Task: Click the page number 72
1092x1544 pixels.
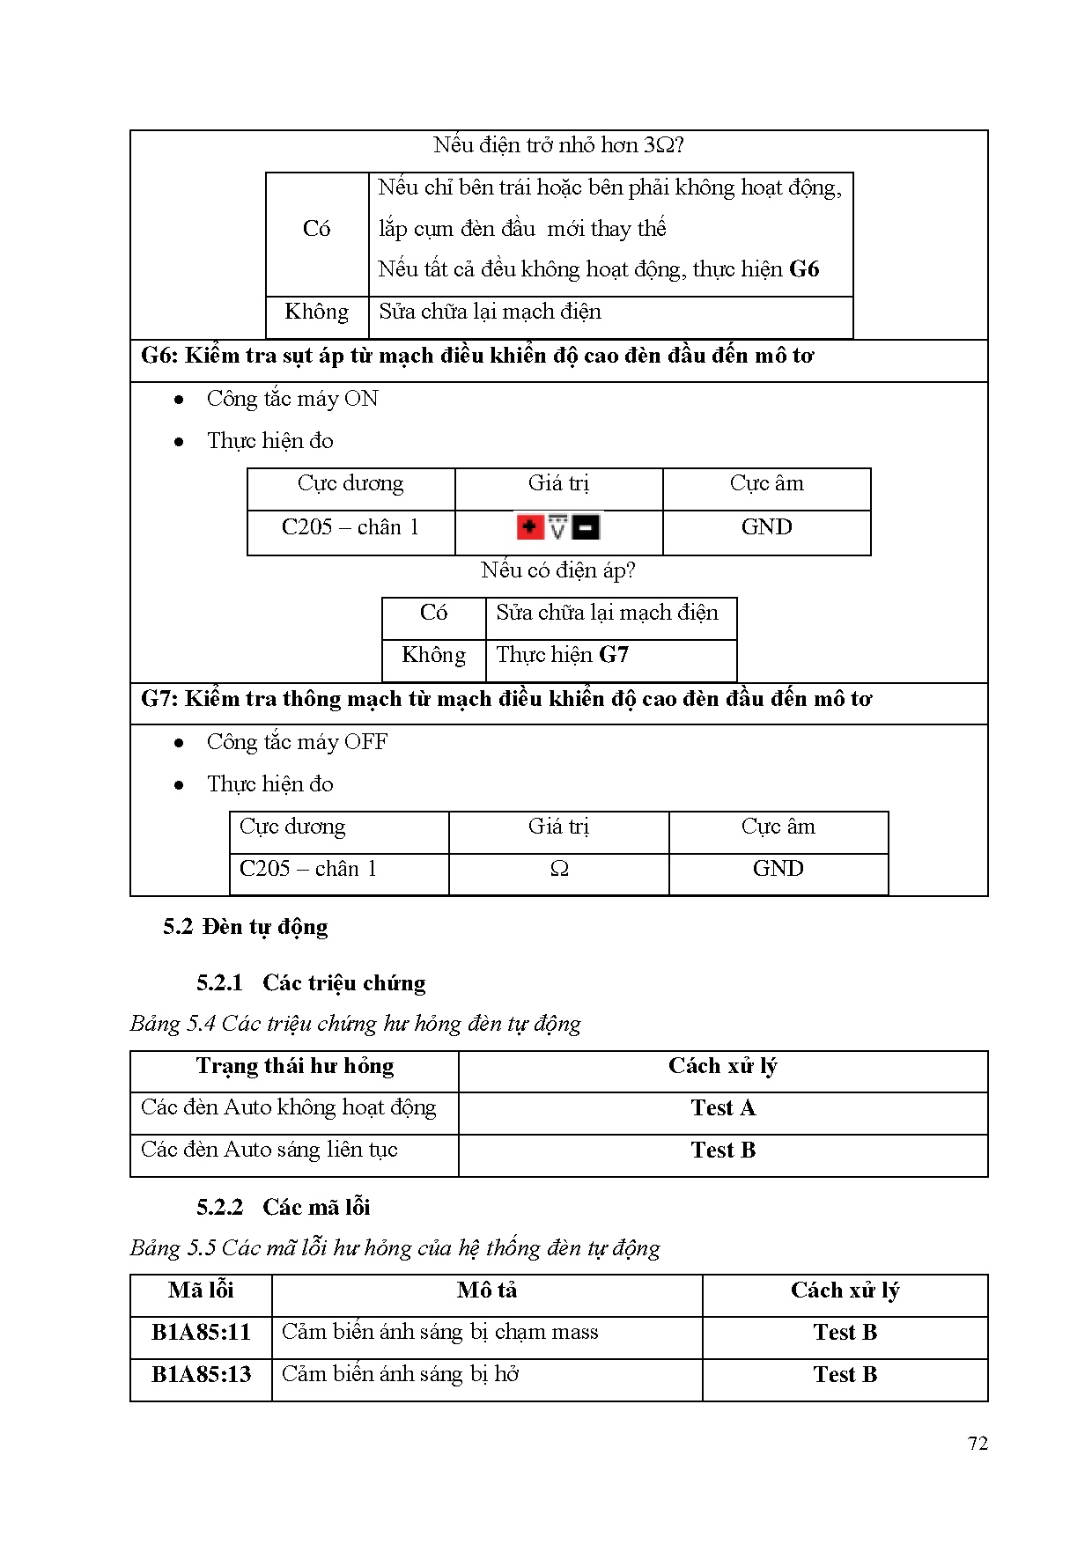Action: tap(978, 1443)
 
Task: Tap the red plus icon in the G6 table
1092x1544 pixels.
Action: tap(529, 527)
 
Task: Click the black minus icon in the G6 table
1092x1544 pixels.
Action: tap(587, 527)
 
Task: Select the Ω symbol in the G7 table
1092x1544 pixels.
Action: tap(559, 869)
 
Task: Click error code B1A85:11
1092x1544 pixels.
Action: tap(201, 1332)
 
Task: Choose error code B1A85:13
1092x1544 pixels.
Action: tap(201, 1374)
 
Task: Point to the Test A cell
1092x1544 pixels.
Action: tap(723, 1108)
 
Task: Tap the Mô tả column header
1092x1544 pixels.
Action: tap(486, 1290)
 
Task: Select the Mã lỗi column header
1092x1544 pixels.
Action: tap(201, 1290)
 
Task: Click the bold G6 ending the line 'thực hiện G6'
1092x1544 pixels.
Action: tap(804, 269)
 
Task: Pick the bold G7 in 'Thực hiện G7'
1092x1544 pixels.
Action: tap(614, 655)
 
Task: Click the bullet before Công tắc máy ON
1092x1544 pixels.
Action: tap(180, 400)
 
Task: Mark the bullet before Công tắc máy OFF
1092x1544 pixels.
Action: tap(180, 743)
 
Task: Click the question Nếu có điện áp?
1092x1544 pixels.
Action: tap(558, 570)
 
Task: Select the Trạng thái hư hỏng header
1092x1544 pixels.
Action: tap(294, 1066)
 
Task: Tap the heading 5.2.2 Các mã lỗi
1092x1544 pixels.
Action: tap(283, 1207)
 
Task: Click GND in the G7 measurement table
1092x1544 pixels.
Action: tap(778, 869)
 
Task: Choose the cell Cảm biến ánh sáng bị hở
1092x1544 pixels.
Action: tap(400, 1374)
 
